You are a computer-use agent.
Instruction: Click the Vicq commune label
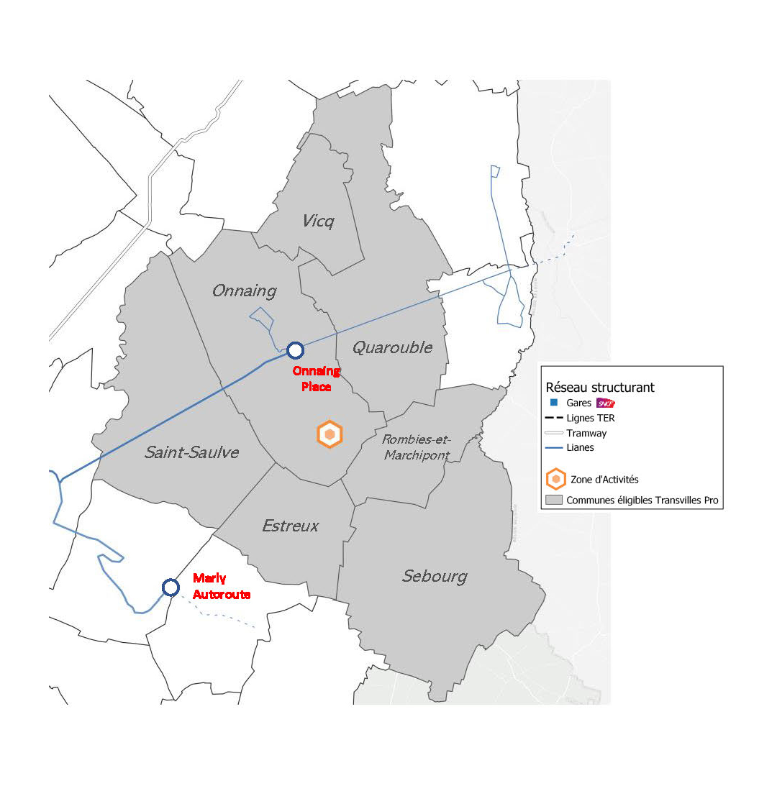(318, 221)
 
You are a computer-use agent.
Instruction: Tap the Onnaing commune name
(245, 291)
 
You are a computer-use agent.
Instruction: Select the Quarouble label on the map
(392, 347)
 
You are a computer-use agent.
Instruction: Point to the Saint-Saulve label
(191, 452)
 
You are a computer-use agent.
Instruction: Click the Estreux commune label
(290, 526)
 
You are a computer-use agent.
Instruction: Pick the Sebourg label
(435, 576)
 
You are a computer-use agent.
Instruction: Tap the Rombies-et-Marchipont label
(417, 447)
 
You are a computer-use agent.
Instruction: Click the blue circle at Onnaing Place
(295, 350)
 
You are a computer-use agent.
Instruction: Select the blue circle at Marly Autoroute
(171, 588)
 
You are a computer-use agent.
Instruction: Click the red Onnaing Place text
(317, 379)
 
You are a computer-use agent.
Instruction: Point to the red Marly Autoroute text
(222, 586)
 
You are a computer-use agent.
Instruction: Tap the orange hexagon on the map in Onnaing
(330, 434)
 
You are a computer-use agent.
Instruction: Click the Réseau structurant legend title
(600, 388)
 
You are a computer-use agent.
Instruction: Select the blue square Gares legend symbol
(554, 403)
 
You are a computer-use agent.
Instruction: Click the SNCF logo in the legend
(606, 403)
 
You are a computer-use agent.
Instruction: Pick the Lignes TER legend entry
(590, 418)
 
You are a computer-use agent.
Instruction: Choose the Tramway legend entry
(586, 433)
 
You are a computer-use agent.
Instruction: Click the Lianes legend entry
(580, 447)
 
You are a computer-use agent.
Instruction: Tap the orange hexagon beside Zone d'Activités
(555, 479)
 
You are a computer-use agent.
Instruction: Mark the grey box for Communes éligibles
(554, 500)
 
